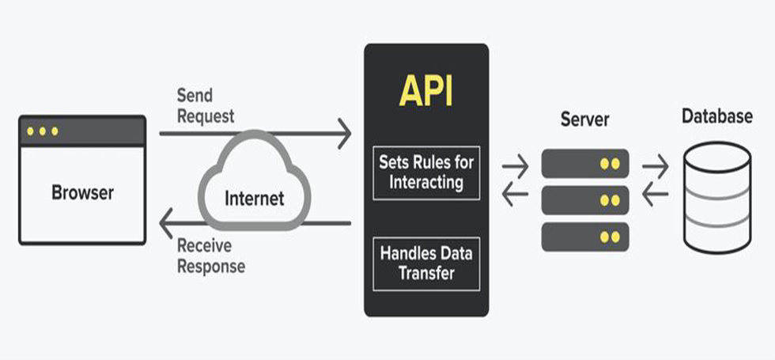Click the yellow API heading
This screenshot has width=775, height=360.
[425, 91]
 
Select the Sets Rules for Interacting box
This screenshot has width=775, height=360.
[425, 172]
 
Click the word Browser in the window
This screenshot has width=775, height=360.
[82, 192]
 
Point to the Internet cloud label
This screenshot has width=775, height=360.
[254, 197]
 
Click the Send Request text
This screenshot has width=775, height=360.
[206, 106]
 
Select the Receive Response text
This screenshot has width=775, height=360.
[210, 256]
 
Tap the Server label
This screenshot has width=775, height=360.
[584, 119]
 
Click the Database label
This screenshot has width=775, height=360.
[716, 116]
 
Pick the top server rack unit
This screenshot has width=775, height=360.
[584, 164]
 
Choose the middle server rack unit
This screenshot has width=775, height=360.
[584, 200]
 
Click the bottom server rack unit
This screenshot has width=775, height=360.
[584, 237]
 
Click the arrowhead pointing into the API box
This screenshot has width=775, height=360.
[343, 133]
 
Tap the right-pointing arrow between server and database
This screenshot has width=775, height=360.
[655, 167]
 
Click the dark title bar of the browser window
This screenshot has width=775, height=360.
[82, 131]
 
